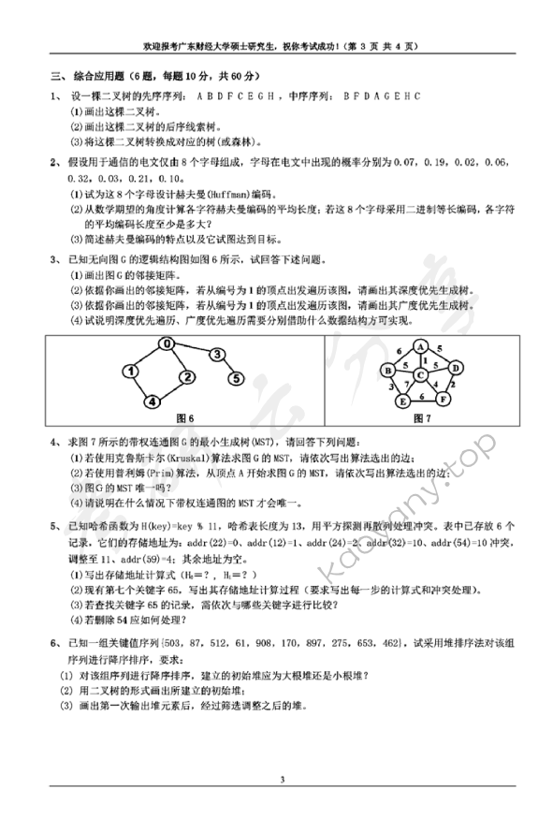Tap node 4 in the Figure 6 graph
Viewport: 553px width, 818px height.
tap(150, 402)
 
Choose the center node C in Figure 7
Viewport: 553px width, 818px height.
tap(421, 375)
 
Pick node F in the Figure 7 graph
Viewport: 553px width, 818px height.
tap(444, 399)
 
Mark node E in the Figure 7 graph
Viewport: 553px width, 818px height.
tap(402, 401)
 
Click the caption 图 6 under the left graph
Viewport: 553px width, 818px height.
tap(185, 417)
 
